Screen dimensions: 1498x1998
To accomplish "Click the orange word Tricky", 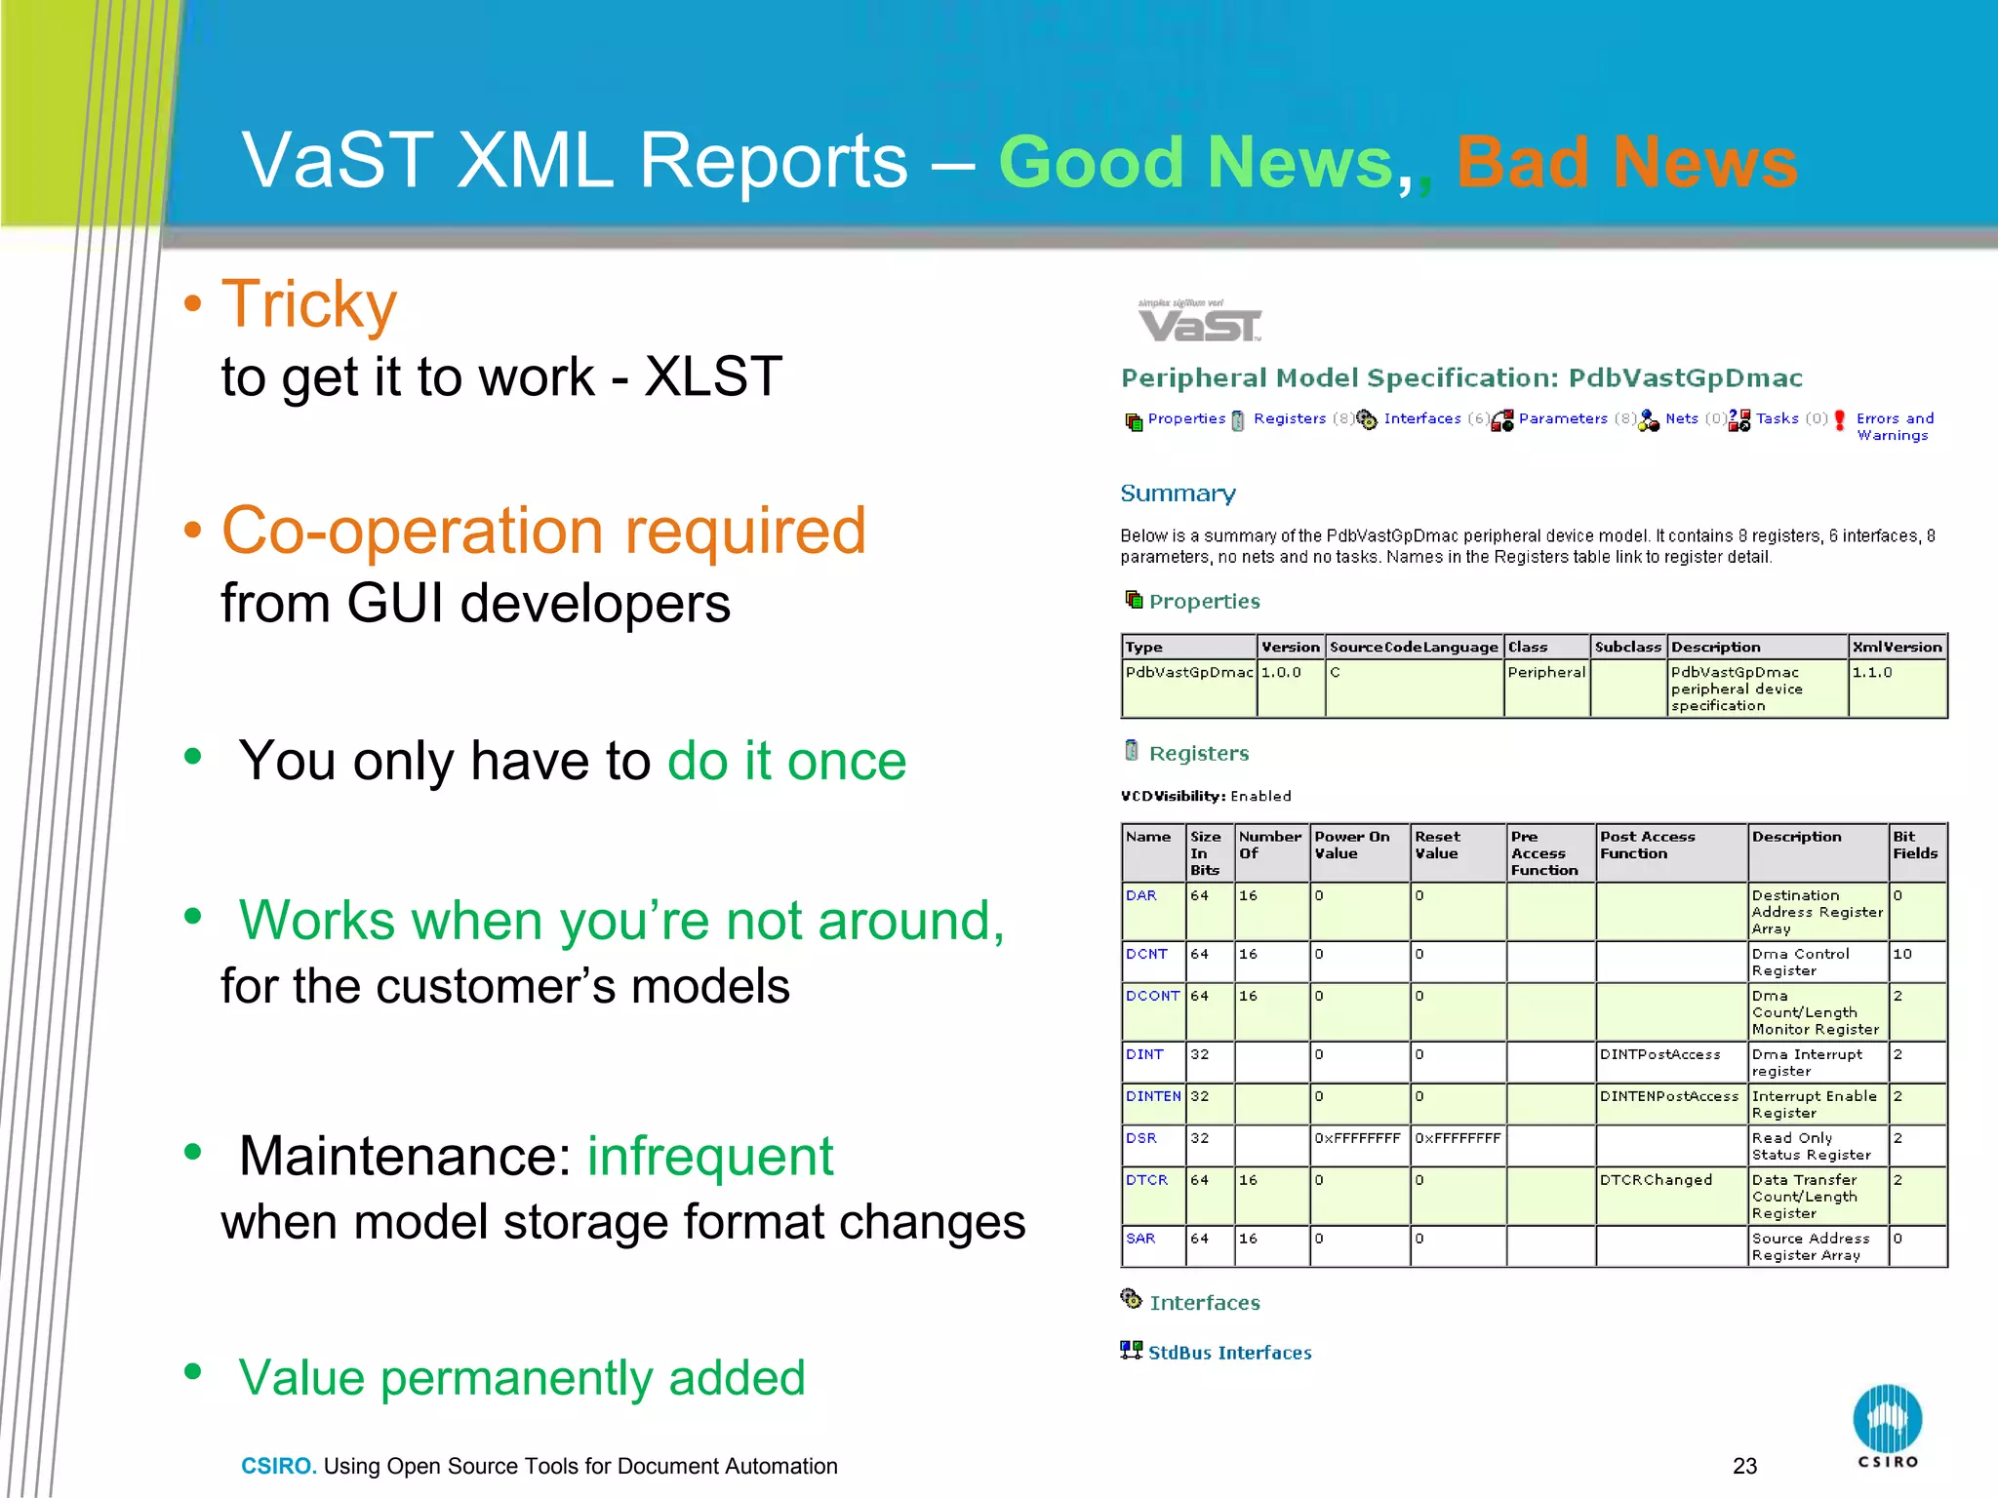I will pyautogui.click(x=309, y=305).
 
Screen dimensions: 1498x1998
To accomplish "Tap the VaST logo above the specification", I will pyautogui.click(x=1199, y=323).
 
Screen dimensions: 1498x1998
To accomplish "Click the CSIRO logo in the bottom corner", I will pyautogui.click(x=1887, y=1424).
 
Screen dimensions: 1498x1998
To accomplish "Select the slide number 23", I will pyautogui.click(x=1744, y=1466).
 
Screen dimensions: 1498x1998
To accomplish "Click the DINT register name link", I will pyautogui.click(x=1144, y=1054).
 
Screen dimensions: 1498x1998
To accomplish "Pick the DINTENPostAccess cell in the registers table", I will pyautogui.click(x=1668, y=1096).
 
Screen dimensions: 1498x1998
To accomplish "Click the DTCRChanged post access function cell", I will pyautogui.click(x=1656, y=1180).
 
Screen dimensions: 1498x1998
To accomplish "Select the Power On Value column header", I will pyautogui.click(x=1352, y=845).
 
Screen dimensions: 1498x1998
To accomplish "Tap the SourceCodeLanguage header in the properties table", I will pyautogui.click(x=1413, y=647).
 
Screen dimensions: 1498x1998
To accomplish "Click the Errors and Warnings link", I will pyautogui.click(x=1894, y=426).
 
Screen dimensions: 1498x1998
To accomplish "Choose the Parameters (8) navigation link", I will pyautogui.click(x=1563, y=418).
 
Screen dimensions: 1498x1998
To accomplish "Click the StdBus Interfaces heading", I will pyautogui.click(x=1229, y=1353).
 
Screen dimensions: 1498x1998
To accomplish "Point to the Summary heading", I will pyautogui.click(x=1178, y=493).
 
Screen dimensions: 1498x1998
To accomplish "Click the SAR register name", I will pyautogui.click(x=1140, y=1239).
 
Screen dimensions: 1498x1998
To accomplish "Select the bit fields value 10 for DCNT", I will pyautogui.click(x=1901, y=954).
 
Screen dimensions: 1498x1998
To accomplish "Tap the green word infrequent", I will pyautogui.click(x=709, y=1157).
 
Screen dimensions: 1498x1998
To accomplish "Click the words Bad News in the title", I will pyautogui.click(x=1626, y=162).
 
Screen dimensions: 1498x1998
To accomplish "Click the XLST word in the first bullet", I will pyautogui.click(x=713, y=377).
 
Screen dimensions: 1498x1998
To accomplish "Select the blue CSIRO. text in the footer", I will pyautogui.click(x=278, y=1466).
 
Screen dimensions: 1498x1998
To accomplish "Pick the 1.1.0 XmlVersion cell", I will pyautogui.click(x=1871, y=672).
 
